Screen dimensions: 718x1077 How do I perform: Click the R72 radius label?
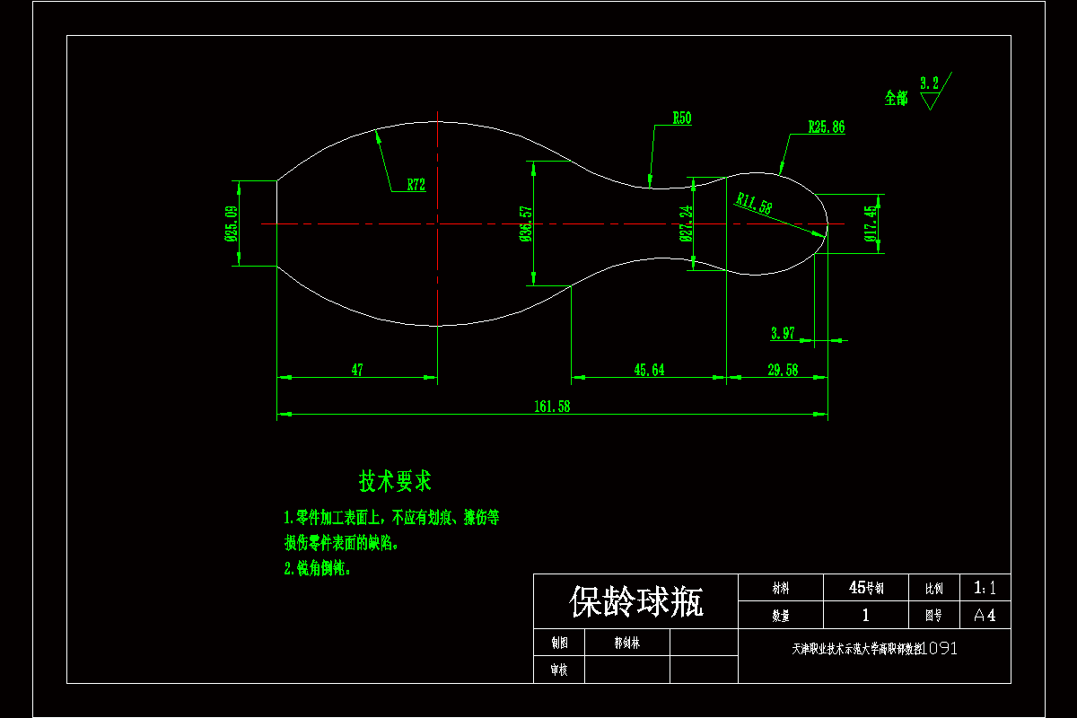[416, 186]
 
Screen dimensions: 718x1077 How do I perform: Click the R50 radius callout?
[682, 118]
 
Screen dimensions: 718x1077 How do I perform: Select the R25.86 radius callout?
[826, 127]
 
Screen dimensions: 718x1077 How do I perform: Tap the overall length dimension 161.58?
[552, 407]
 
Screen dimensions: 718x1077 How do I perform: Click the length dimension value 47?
[357, 370]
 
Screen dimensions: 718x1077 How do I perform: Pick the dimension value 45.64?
[649, 370]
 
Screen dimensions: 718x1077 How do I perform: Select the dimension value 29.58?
[783, 370]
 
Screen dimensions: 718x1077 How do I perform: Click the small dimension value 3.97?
[783, 334]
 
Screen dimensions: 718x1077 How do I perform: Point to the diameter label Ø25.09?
[231, 223]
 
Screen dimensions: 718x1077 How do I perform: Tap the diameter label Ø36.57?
[526, 223]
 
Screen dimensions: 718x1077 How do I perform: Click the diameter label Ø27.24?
[686, 223]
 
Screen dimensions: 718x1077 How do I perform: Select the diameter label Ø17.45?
[869, 223]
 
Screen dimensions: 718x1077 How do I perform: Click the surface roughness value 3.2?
[929, 83]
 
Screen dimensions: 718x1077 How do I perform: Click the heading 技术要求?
[395, 481]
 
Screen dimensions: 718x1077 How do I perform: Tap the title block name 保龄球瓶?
[636, 601]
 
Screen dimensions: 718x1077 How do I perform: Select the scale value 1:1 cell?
[985, 589]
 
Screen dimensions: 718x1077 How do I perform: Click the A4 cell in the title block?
[985, 616]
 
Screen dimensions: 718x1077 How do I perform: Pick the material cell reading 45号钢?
[866, 589]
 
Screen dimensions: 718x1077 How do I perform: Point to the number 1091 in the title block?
[939, 648]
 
